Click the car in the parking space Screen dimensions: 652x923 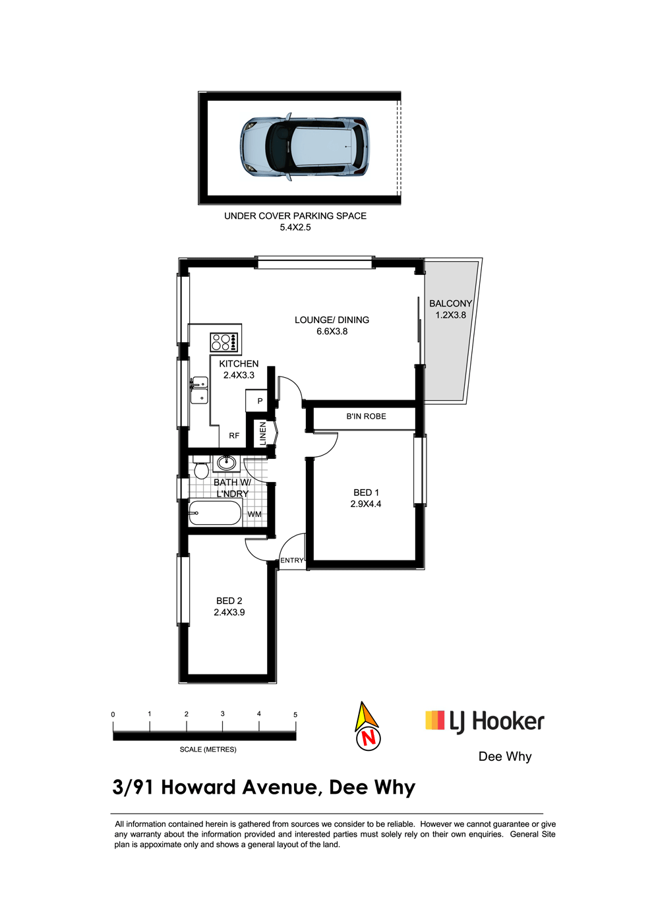(305, 146)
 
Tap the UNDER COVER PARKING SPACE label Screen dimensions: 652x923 (295, 216)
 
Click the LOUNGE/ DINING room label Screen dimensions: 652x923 (332, 320)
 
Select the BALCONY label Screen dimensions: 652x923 (450, 304)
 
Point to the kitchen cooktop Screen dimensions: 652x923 (224, 342)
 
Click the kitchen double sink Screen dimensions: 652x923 (200, 390)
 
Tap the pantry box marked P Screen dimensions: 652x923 (256, 401)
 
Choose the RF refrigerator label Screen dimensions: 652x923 (234, 436)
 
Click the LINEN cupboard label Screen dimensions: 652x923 (262, 434)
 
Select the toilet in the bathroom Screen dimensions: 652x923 (201, 467)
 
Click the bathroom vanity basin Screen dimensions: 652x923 (226, 463)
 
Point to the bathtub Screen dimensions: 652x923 (215, 513)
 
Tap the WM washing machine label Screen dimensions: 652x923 (254, 514)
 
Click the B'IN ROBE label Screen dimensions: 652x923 (366, 417)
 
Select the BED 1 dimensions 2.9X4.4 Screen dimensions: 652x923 (366, 504)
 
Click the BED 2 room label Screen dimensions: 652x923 (229, 601)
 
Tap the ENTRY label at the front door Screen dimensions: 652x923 (292, 560)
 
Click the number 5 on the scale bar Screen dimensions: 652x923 (295, 715)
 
